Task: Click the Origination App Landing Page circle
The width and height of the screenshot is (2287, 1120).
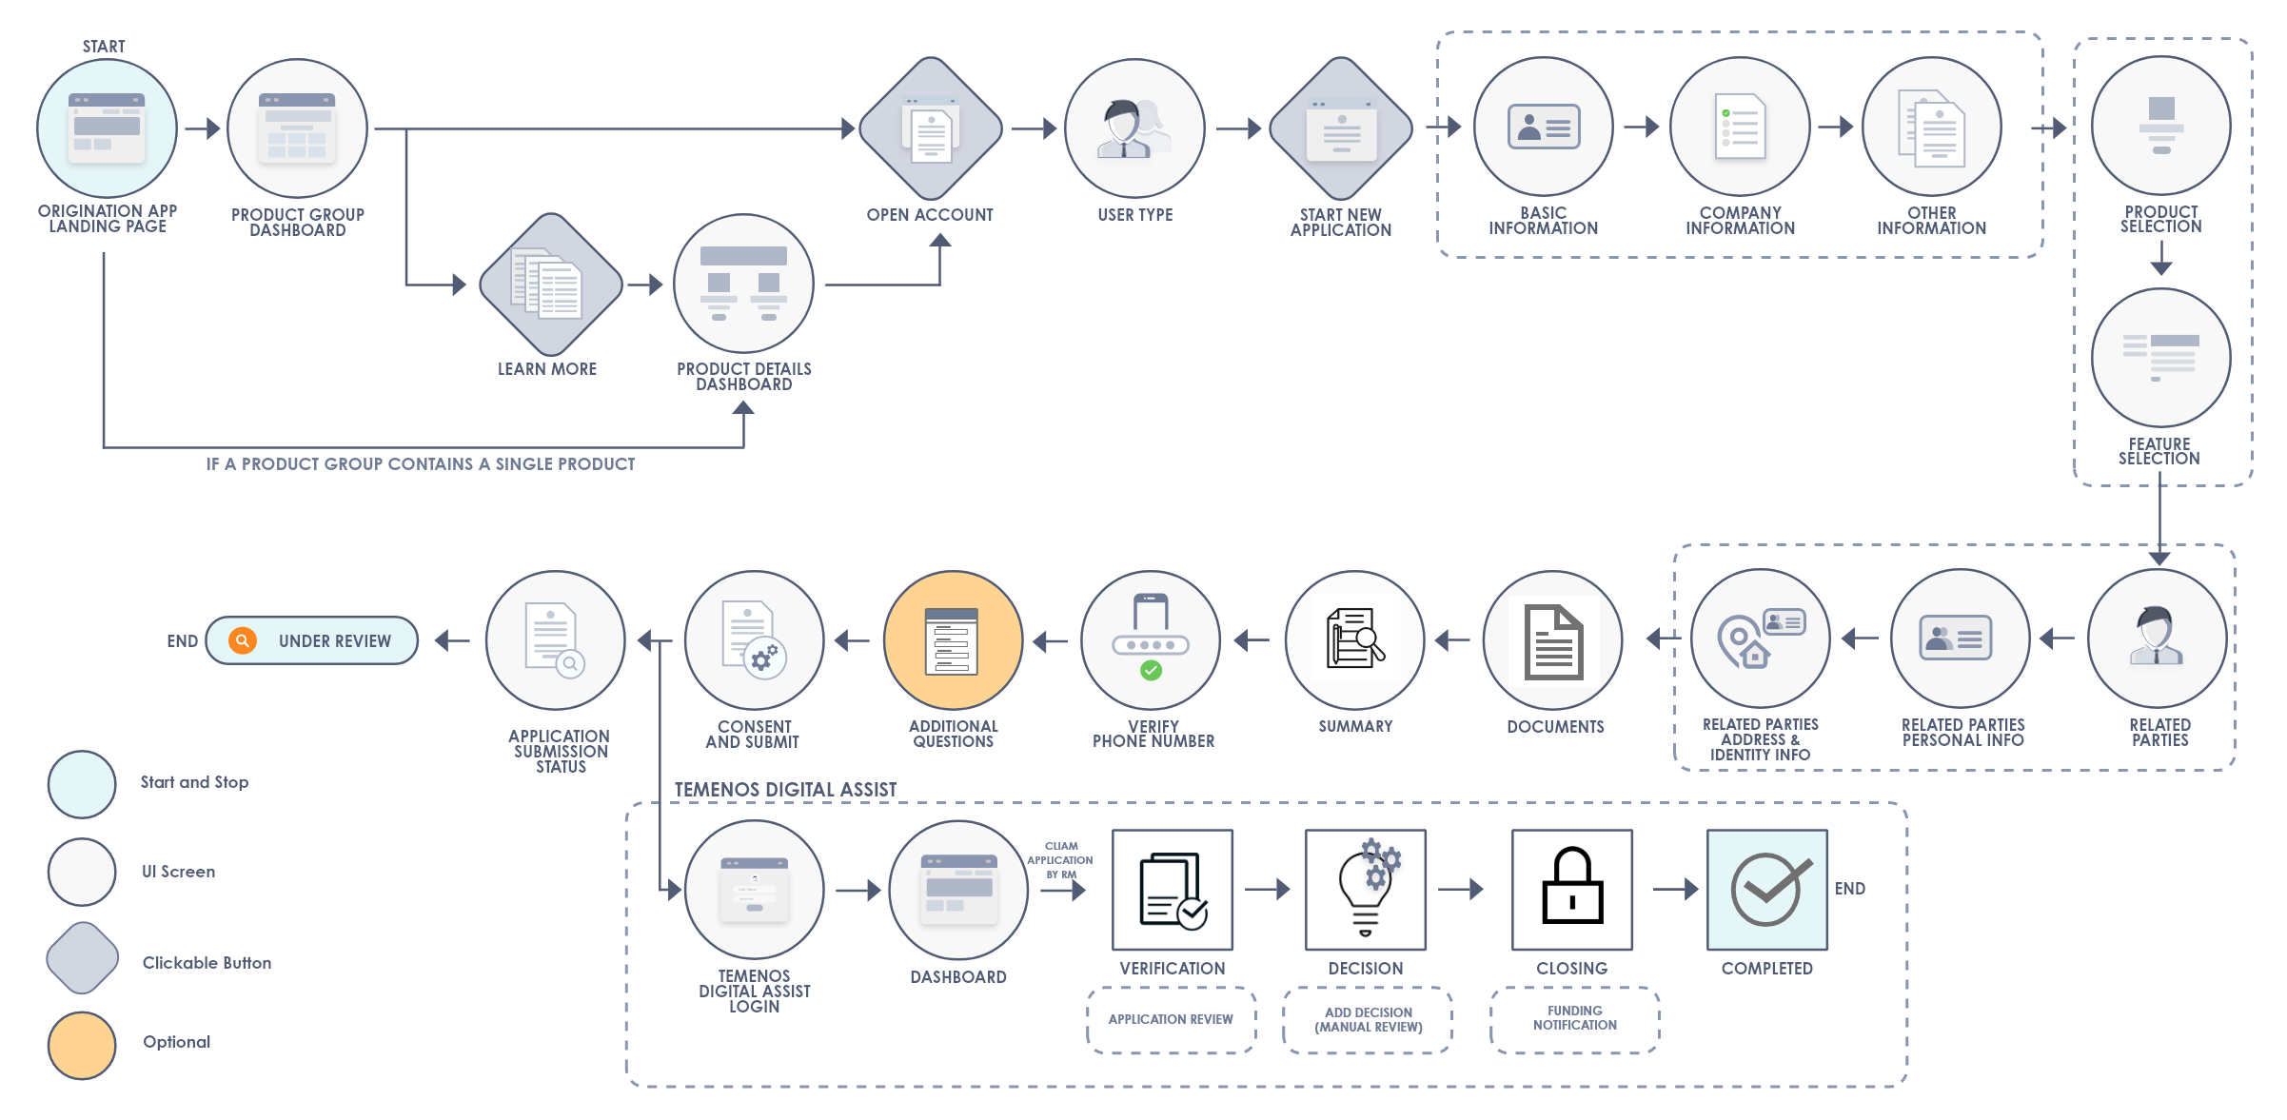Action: pos(108,128)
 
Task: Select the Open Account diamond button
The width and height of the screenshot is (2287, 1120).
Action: pos(931,128)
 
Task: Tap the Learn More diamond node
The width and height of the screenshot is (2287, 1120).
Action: pos(551,285)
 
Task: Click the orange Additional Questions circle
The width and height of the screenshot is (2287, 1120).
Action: pos(954,640)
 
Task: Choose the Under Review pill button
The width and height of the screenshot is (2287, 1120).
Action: pos(312,640)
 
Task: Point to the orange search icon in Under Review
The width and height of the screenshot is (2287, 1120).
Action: pos(243,640)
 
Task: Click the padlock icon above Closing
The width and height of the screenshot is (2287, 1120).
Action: pos(1572,886)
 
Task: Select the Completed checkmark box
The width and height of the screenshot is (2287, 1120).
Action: pos(1767,890)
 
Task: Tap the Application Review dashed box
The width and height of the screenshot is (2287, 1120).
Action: pos(1172,1019)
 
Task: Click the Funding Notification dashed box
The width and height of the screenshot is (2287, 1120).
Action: pos(1575,1019)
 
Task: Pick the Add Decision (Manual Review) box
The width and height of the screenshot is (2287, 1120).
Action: pos(1368,1019)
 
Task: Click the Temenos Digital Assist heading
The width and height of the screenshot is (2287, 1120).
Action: pos(785,790)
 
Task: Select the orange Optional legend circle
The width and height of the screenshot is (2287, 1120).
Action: pos(82,1045)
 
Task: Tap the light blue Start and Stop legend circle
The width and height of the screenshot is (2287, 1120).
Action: pos(82,784)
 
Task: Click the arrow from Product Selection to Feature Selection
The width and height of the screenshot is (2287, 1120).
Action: pos(2161,257)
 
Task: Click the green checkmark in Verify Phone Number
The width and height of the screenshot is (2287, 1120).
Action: pos(1151,671)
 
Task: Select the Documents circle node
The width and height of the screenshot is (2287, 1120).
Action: pos(1553,640)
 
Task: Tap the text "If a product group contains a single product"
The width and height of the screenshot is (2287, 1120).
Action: pos(421,464)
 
